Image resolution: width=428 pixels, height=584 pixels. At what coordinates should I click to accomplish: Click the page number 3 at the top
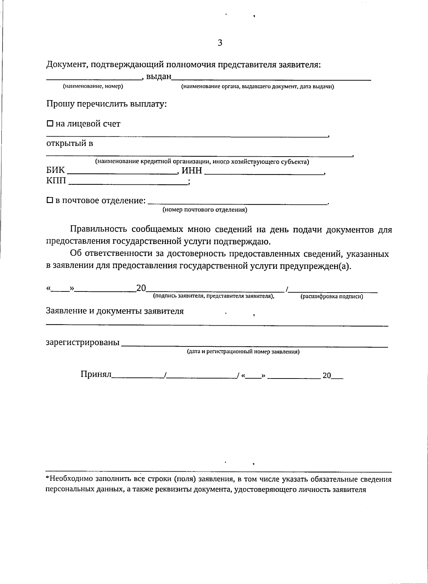click(220, 43)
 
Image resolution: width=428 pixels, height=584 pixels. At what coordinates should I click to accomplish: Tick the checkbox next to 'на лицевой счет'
click(50, 124)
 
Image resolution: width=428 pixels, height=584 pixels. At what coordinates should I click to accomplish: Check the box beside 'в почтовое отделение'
click(50, 200)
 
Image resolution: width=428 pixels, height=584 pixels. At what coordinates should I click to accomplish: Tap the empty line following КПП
click(128, 182)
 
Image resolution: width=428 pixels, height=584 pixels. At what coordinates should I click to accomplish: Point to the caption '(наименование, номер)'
click(93, 86)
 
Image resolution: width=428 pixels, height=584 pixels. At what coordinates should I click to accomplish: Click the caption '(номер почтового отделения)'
click(205, 210)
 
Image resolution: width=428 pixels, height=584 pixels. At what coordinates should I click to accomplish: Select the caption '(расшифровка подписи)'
click(332, 296)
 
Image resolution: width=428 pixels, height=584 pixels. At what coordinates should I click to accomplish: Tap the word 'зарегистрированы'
click(83, 343)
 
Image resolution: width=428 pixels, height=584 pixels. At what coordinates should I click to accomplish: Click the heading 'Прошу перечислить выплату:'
click(107, 105)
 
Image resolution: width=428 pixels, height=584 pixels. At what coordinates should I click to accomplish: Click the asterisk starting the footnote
click(47, 478)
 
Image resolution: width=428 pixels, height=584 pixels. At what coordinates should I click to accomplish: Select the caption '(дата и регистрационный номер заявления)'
click(243, 352)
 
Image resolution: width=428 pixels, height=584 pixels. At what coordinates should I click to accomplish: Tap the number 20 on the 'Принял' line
click(327, 376)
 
